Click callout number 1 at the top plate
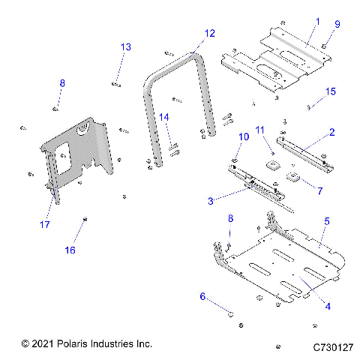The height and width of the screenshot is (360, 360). tap(317, 22)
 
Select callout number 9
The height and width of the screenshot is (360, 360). tap(337, 25)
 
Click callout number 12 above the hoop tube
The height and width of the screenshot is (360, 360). tap(209, 33)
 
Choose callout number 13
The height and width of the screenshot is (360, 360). tap(126, 47)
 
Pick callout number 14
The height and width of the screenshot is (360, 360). tap(163, 117)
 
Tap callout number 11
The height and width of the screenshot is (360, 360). tap(260, 130)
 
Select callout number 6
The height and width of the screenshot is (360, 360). tap(202, 296)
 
